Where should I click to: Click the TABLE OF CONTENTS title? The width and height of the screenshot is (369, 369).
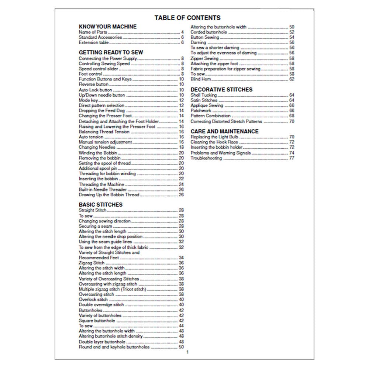(x=187, y=18)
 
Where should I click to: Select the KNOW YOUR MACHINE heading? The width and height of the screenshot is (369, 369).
(x=108, y=27)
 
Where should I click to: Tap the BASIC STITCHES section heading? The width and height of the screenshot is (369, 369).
(x=101, y=204)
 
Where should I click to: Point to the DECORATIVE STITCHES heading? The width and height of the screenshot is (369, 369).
(x=221, y=90)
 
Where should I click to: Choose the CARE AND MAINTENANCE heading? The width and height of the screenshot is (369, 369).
(x=224, y=131)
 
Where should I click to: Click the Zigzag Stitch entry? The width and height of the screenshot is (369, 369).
(x=92, y=263)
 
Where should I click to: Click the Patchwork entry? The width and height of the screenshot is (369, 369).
(x=201, y=111)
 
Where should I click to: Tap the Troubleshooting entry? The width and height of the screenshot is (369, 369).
(x=206, y=158)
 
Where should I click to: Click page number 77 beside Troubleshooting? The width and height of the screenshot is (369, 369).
(x=292, y=158)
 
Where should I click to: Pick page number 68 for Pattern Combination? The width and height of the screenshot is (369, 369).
(x=292, y=116)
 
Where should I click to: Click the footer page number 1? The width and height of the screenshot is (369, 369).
(x=187, y=352)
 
